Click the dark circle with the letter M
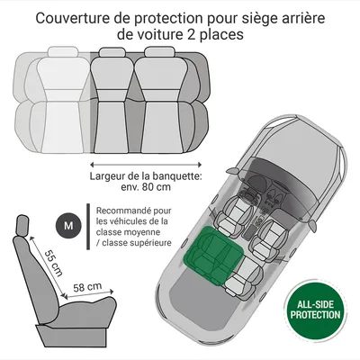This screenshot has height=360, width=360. (68, 225)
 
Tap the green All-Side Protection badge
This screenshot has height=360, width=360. (315, 310)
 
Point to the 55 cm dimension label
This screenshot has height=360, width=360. (53, 263)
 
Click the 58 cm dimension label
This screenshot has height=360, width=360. (87, 287)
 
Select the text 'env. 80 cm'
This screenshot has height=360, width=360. (146, 187)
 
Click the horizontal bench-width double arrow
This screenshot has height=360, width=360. (146, 165)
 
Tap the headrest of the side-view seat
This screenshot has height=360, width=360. (22, 225)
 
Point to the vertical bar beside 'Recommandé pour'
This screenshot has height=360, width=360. (88, 227)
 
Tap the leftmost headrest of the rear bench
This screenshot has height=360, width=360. (63, 51)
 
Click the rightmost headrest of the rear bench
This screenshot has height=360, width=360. (159, 51)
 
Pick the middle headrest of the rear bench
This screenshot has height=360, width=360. (112, 52)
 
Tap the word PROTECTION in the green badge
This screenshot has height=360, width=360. (315, 315)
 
